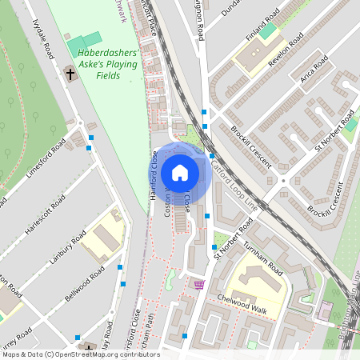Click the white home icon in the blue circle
(180, 173)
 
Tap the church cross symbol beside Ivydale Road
(70, 74)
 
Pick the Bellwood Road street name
(85, 284)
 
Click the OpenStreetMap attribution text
(80, 354)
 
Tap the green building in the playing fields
(84, 41)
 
